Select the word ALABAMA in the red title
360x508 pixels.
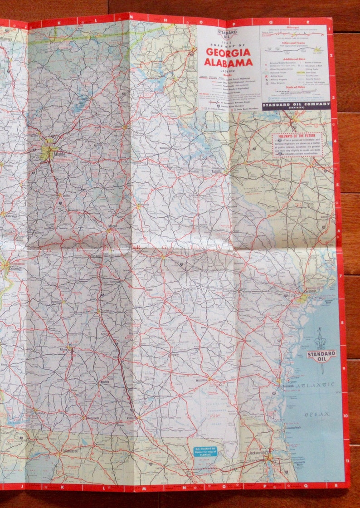228,62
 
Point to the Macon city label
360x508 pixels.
113,225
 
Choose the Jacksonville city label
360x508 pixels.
259,453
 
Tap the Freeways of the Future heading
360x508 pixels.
298,136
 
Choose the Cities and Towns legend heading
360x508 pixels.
295,43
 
